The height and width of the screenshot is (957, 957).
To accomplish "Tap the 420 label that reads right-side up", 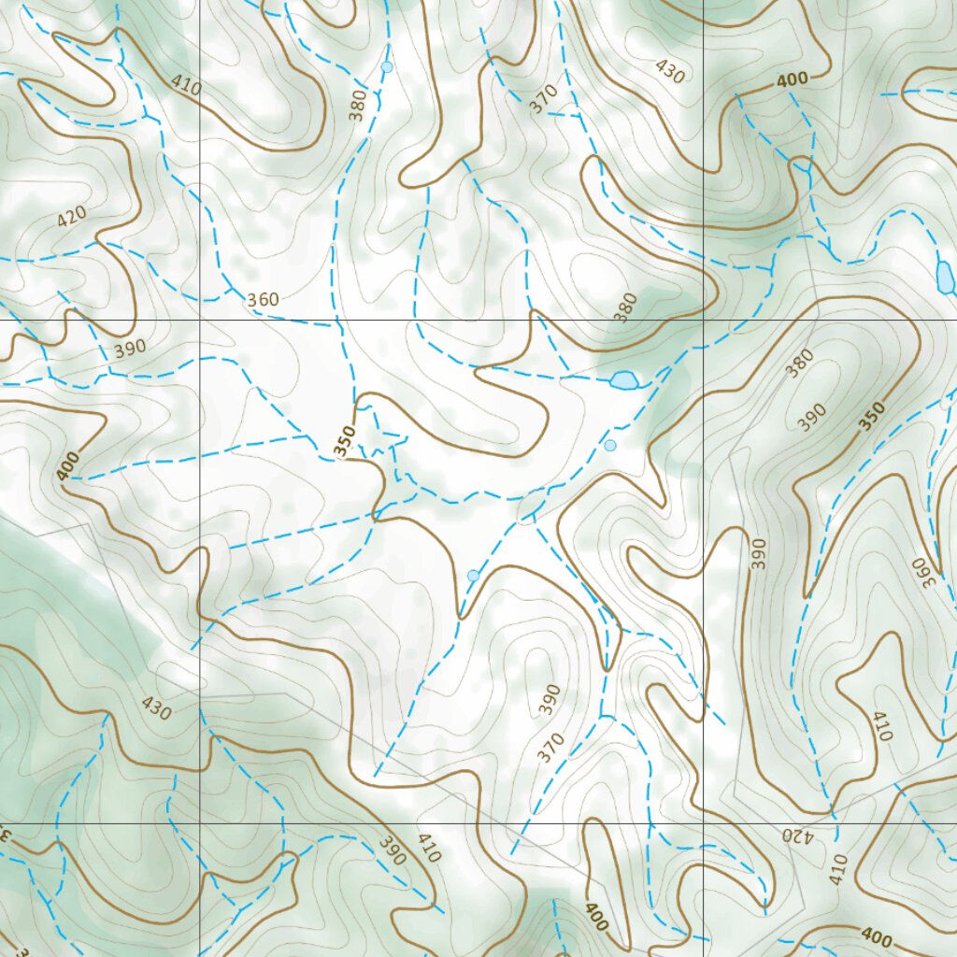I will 72,217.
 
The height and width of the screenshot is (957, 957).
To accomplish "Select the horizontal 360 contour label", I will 263,300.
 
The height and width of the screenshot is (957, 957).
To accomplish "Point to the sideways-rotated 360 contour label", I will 923,566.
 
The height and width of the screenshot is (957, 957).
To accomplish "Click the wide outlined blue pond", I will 623,379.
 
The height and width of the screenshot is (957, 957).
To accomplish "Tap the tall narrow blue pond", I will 945,275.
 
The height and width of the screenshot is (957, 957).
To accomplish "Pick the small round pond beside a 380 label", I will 387,67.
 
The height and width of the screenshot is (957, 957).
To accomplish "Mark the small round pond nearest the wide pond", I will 610,445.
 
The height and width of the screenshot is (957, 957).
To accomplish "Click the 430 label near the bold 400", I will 670,71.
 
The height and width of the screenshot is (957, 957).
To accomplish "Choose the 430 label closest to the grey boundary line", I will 156,709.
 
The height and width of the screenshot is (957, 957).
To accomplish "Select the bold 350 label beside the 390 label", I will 871,417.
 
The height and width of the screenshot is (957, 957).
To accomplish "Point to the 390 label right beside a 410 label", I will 393,850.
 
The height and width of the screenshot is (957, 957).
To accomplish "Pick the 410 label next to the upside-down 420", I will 837,870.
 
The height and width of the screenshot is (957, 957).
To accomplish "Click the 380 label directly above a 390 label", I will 800,363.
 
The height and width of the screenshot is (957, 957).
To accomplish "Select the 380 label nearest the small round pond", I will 358,107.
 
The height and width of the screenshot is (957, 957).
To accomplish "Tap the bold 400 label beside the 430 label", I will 792,81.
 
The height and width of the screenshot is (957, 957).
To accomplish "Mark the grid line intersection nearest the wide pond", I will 703,320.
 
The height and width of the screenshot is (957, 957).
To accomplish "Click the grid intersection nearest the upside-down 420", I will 703,823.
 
